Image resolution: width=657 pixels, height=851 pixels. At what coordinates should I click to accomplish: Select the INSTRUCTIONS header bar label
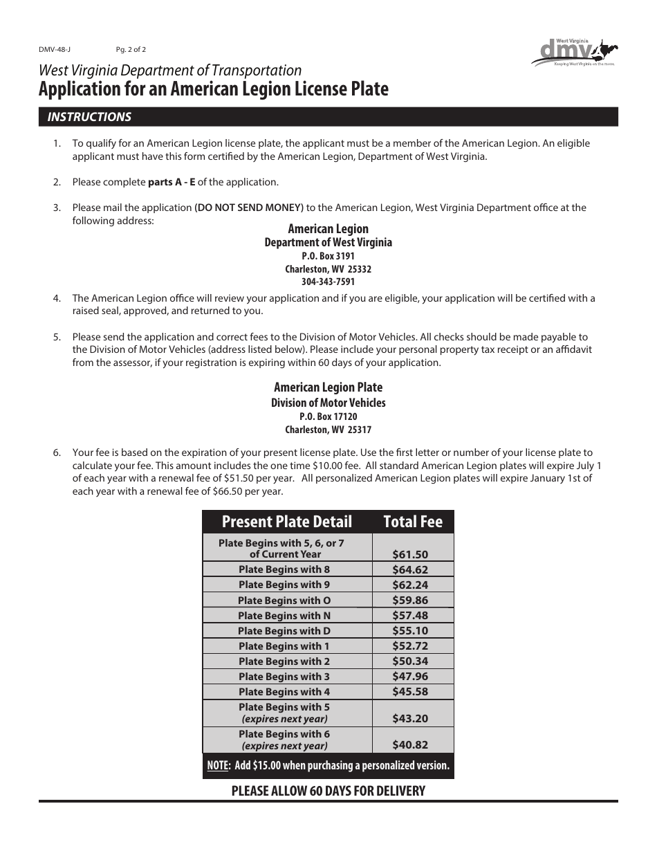tap(89, 117)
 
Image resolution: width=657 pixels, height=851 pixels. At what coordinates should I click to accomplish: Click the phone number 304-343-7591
tap(328, 282)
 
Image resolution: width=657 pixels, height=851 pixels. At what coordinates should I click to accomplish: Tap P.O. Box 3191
tap(328, 256)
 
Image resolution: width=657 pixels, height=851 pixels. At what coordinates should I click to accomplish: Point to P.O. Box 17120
tap(328, 417)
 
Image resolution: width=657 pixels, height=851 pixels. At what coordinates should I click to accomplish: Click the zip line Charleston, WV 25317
tap(328, 430)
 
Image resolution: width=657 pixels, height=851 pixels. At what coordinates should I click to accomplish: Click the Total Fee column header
tap(412, 522)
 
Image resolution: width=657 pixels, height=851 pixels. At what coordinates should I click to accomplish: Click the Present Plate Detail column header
tap(286, 522)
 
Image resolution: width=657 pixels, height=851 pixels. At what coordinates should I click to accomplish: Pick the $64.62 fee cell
tap(410, 570)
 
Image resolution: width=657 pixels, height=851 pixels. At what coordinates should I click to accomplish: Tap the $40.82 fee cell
tap(410, 745)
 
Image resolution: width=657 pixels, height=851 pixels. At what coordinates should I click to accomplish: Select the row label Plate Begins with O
tap(284, 601)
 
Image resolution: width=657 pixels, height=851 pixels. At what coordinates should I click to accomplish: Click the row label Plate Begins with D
tap(284, 631)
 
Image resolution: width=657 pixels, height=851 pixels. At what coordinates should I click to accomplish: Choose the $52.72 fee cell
tap(410, 646)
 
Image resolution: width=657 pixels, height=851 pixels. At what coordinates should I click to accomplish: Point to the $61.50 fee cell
tap(410, 554)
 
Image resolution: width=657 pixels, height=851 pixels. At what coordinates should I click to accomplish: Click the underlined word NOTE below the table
tap(218, 766)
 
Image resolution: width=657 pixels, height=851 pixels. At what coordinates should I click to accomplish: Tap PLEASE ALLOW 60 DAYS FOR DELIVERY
tap(328, 790)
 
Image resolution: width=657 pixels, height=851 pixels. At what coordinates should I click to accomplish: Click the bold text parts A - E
tap(172, 183)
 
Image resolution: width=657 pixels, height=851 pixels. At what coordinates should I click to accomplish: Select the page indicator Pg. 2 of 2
tap(131, 50)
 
